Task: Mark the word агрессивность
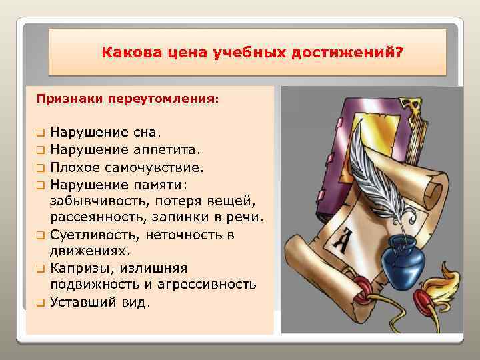point(209,285)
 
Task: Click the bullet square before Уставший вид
point(41,303)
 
